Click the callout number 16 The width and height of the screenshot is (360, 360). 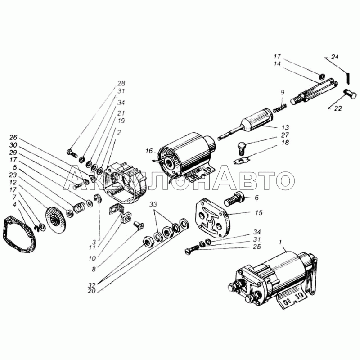[x=149, y=151]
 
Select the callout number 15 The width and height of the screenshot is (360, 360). [x=258, y=213]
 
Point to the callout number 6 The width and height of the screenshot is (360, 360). [x=256, y=198]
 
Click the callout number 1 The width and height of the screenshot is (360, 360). [x=280, y=243]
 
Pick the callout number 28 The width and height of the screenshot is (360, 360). [x=121, y=83]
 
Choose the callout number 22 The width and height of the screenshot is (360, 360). [x=338, y=108]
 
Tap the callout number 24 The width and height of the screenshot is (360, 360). [x=335, y=57]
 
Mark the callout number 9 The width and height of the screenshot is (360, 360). [x=283, y=92]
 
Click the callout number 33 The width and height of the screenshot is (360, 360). [x=153, y=204]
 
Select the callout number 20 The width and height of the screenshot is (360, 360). [x=92, y=291]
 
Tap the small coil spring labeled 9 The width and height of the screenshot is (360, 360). [x=280, y=108]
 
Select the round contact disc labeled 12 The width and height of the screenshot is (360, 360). [x=55, y=220]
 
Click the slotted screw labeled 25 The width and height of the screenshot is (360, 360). [x=192, y=250]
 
